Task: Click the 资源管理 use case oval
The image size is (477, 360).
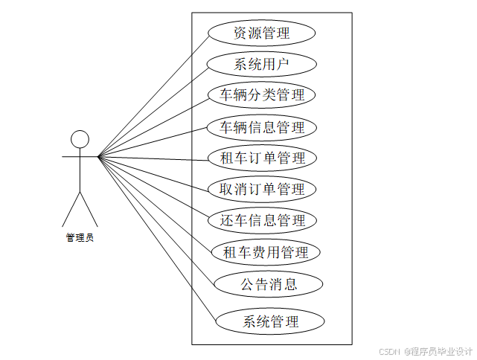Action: [x=261, y=33]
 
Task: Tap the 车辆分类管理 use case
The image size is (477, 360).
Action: [x=262, y=95]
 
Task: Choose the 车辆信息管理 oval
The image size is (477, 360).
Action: [x=262, y=127]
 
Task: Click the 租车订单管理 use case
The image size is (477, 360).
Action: [x=263, y=158]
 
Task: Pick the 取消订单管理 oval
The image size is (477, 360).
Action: [x=263, y=190]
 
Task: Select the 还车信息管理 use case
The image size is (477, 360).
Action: [x=263, y=221]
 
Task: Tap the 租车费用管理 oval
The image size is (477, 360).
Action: [x=266, y=252]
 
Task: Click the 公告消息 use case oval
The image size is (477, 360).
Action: [x=269, y=284]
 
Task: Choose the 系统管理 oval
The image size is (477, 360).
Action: [x=270, y=322]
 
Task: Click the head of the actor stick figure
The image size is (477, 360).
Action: [x=80, y=139]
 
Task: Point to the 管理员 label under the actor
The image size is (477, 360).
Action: [x=80, y=238]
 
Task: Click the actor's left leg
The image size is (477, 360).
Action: [x=71, y=209]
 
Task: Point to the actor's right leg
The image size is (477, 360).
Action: [x=89, y=209]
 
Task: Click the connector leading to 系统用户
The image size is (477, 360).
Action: [x=153, y=111]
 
